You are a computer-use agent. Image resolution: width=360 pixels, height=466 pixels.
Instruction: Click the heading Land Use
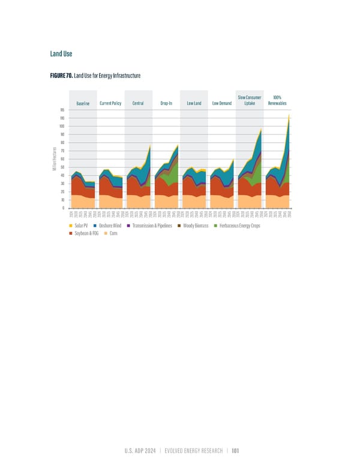pos(61,53)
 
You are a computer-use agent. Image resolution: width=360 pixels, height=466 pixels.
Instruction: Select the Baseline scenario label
pos(83,103)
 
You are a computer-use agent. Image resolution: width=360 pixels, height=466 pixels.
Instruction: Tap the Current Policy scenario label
pos(111,103)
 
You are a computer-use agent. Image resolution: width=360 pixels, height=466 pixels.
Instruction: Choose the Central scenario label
pos(137,103)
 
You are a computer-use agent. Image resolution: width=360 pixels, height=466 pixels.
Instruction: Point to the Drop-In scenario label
pos(166,103)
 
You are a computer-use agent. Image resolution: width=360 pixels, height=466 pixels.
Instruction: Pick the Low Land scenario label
pos(193,103)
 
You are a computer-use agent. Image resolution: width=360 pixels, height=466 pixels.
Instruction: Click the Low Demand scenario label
pos(222,103)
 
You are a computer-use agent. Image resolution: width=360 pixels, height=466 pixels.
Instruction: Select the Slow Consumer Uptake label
pos(249,100)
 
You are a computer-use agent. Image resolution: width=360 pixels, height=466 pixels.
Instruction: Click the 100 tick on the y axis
pos(62,126)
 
